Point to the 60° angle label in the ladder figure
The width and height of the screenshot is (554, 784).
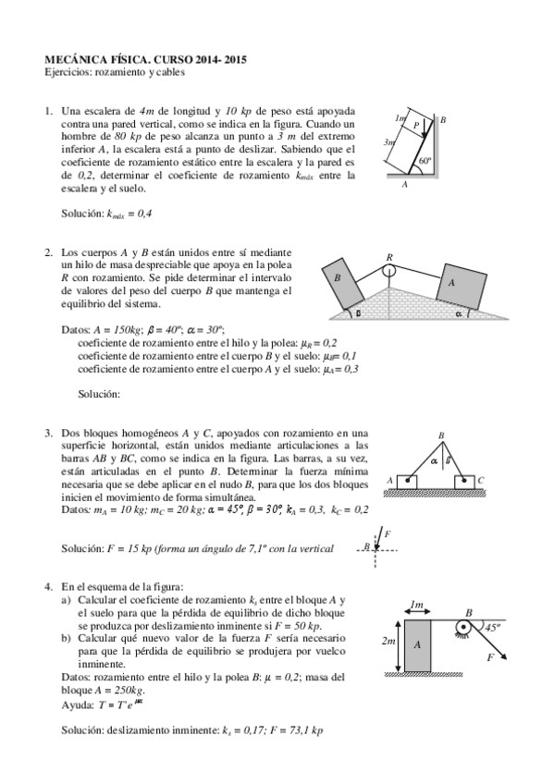[x=425, y=161]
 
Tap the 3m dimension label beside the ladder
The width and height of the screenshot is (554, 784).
[x=389, y=143]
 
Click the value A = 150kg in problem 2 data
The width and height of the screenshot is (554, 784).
[x=117, y=329]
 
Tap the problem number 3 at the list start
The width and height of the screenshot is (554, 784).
[x=48, y=432]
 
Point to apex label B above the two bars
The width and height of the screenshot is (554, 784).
[x=441, y=435]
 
